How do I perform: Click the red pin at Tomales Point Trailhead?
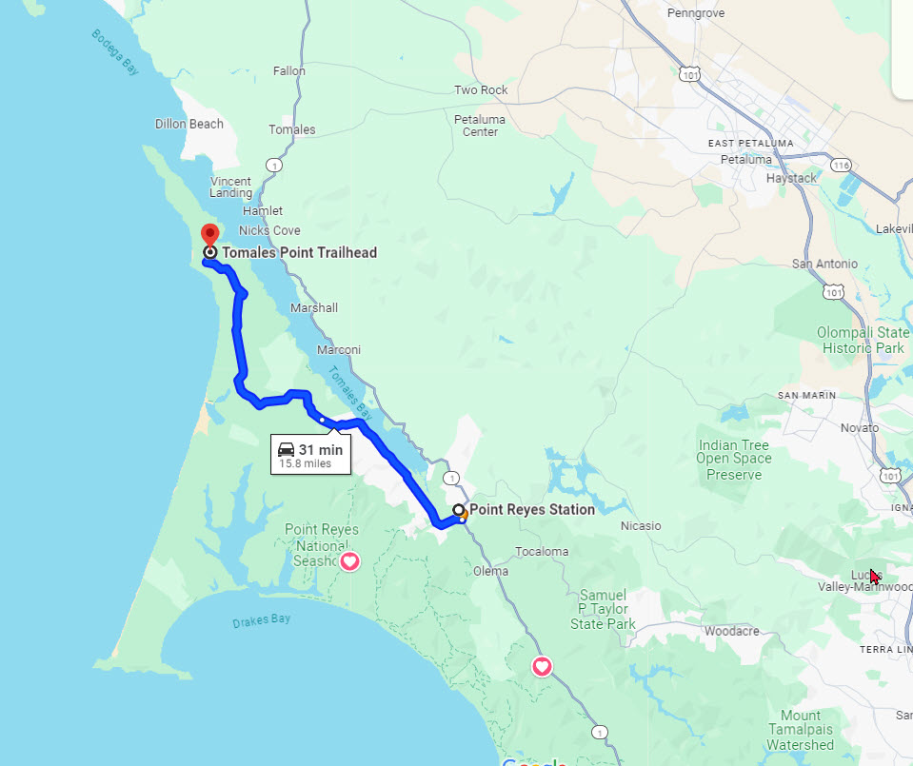click(x=209, y=234)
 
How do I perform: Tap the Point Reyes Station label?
click(x=531, y=509)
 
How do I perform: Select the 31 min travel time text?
click(x=320, y=449)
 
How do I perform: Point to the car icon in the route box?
click(x=287, y=449)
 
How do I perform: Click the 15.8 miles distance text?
click(x=305, y=463)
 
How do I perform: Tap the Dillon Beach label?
click(x=189, y=124)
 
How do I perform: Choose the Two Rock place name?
click(x=481, y=90)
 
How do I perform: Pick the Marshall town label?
click(x=314, y=308)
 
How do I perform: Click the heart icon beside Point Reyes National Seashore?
click(x=349, y=561)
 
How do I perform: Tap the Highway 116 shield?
click(x=841, y=165)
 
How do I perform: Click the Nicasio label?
click(x=641, y=525)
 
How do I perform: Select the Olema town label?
click(x=490, y=572)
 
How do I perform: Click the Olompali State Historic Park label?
click(x=863, y=340)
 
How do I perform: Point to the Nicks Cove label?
click(x=269, y=230)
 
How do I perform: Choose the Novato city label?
click(x=860, y=428)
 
